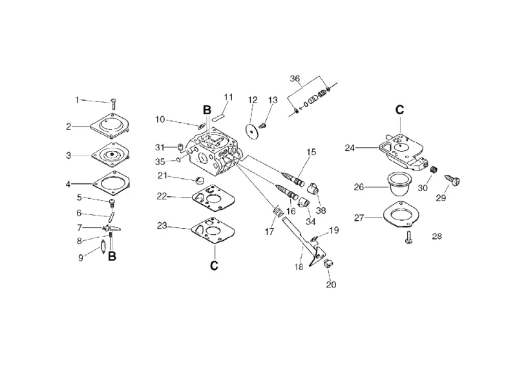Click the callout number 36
pos(295,78)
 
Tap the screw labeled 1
pos(114,103)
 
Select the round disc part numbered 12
pos(252,132)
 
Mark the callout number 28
pos(437,236)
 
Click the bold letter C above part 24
pos(399,110)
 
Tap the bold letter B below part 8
pos(112,256)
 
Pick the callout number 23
pos(162,225)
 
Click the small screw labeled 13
pos(263,125)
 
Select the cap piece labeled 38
pos(313,189)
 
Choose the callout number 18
pos(299,267)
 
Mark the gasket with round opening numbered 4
pos(111,183)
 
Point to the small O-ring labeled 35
pos(178,159)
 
